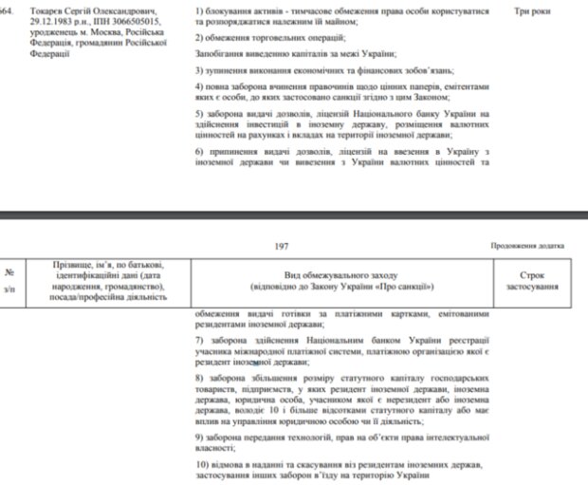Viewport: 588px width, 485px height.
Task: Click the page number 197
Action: point(282,246)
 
